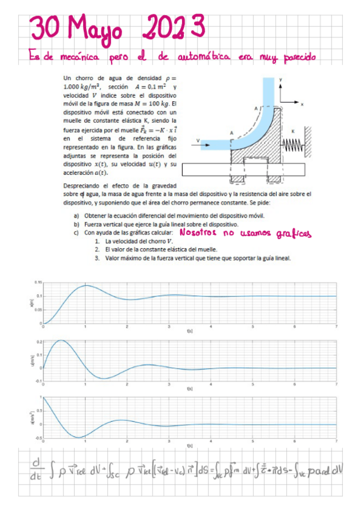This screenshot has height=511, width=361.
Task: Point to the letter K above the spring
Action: click(x=293, y=130)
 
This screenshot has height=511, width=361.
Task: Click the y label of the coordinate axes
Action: click(x=281, y=80)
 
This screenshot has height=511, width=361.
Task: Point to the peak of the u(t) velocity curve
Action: click(x=60, y=340)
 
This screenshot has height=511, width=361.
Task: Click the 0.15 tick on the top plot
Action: click(x=38, y=282)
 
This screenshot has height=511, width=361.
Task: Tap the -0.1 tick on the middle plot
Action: click(x=38, y=381)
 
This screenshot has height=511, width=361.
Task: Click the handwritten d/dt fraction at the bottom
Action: click(x=35, y=471)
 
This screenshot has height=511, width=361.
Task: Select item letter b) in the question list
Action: click(x=76, y=224)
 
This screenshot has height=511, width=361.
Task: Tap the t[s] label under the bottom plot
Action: click(x=189, y=446)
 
